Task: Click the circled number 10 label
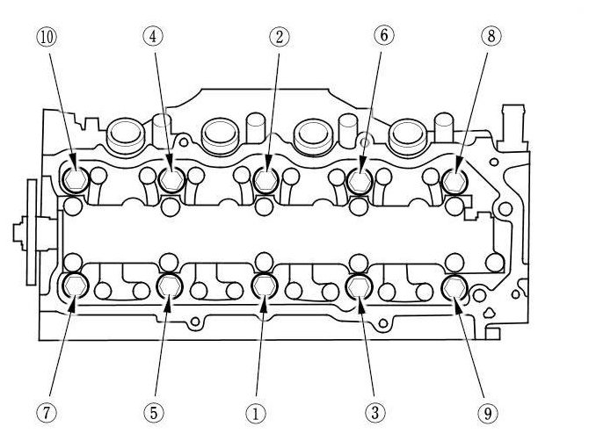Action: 46,37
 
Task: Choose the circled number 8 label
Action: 489,37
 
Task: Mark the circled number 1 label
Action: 255,410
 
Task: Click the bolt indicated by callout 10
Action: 73,180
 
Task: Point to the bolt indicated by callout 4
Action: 170,180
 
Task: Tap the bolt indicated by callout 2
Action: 265,180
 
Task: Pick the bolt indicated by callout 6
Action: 360,180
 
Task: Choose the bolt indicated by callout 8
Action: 455,180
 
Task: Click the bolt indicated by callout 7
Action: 73,286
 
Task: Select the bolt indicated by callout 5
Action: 169,286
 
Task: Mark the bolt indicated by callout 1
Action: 265,286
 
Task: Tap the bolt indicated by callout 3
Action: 360,286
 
